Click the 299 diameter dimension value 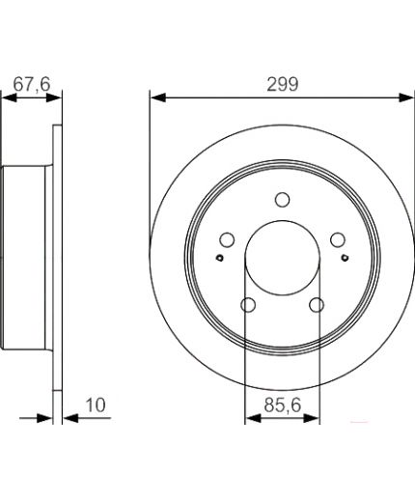click(283, 84)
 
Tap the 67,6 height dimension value click(32, 84)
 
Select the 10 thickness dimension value click(96, 405)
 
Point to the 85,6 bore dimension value click(283, 405)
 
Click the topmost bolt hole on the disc click(283, 200)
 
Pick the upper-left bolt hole click(227, 239)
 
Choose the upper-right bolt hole click(338, 239)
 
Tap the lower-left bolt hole click(248, 305)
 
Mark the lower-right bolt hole click(317, 305)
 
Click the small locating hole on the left click(220, 258)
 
